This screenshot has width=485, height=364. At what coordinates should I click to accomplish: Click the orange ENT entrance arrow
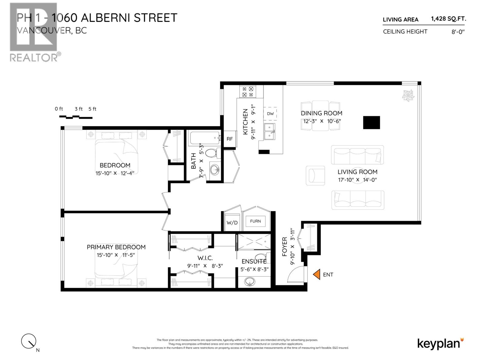tap(317, 274)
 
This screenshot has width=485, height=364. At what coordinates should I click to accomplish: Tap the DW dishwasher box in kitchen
tap(270, 114)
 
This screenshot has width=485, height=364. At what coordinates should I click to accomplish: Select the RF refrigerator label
tap(229, 139)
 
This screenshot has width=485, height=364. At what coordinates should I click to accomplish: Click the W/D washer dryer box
tap(232, 222)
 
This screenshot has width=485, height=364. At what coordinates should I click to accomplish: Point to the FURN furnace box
tap(255, 221)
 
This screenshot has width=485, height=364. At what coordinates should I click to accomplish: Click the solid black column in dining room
tap(371, 123)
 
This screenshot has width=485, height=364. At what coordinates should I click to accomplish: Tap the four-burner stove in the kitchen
tap(248, 92)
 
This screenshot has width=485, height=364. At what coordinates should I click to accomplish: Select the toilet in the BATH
tap(212, 153)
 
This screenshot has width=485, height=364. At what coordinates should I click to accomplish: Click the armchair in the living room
tap(315, 175)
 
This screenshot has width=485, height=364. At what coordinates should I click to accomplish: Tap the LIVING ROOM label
tap(357, 172)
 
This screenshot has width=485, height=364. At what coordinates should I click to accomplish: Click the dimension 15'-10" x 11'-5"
tap(115, 255)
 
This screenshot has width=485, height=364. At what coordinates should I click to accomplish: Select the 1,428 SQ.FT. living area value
tap(448, 19)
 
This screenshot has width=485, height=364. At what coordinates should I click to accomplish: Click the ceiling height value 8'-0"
tap(458, 32)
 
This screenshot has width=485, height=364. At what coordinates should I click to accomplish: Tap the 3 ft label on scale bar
tap(79, 109)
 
